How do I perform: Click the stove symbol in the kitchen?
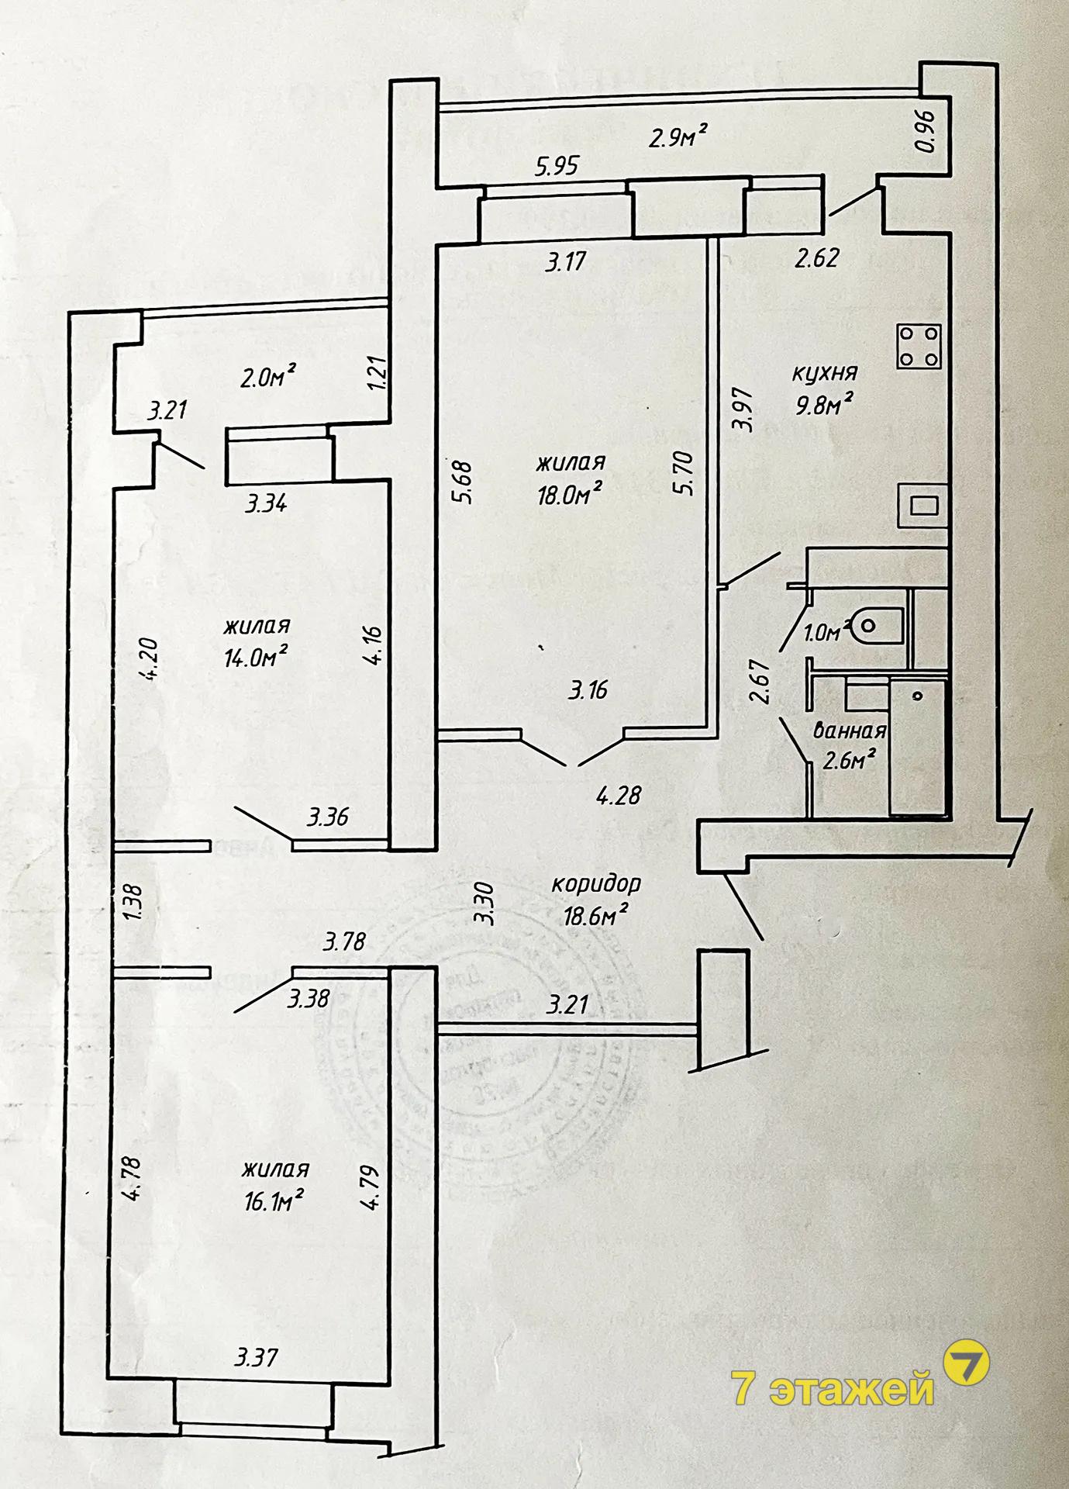pos(919,346)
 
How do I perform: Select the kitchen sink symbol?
pos(922,505)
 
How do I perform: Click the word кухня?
pos(824,373)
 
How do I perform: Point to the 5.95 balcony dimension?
pos(557,166)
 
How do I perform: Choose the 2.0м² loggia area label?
pos(267,378)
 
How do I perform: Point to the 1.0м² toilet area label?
pos(822,634)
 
